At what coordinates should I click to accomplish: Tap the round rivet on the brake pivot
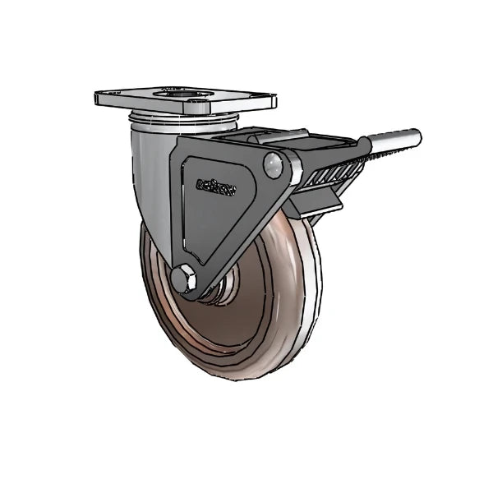click(274, 168)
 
